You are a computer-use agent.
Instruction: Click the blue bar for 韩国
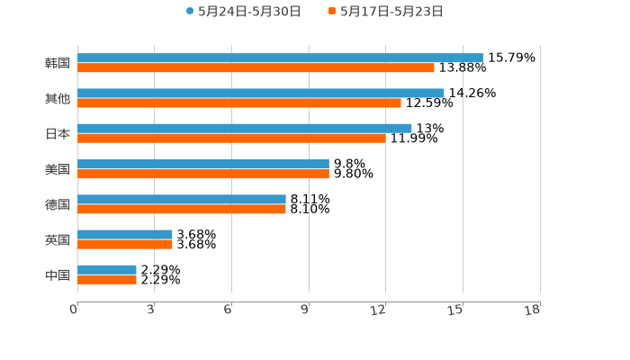click(280, 58)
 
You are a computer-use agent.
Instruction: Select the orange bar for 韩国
click(256, 67)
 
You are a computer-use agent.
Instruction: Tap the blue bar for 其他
click(261, 93)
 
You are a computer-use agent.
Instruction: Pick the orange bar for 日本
click(231, 138)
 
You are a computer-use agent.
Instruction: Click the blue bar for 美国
click(203, 164)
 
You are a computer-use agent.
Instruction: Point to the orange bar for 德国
click(182, 209)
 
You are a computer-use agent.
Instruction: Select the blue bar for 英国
click(125, 234)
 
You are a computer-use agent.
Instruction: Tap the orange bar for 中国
click(107, 279)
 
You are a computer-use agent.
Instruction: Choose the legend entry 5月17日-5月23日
click(391, 12)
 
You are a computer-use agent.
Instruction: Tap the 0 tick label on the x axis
click(74, 310)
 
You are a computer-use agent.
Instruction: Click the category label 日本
click(58, 133)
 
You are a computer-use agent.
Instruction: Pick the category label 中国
click(58, 274)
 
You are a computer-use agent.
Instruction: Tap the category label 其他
click(58, 98)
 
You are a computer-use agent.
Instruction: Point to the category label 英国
click(58, 239)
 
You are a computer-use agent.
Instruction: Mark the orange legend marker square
click(332, 12)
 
